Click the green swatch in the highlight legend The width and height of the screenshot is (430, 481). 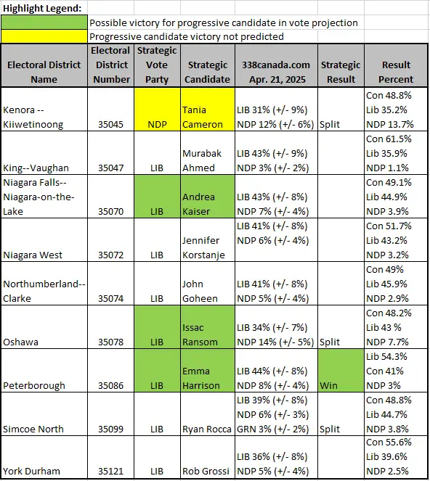pyautogui.click(x=44, y=22)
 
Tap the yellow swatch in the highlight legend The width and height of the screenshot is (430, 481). pyautogui.click(x=44, y=36)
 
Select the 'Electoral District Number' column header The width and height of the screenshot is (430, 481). pyautogui.click(x=111, y=65)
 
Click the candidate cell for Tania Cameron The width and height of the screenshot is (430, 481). pyautogui.click(x=208, y=110)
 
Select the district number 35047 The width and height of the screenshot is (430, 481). pyautogui.click(x=111, y=168)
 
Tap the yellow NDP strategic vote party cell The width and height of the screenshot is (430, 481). pyautogui.click(x=157, y=110)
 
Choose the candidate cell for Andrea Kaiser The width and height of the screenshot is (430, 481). pyautogui.click(x=208, y=197)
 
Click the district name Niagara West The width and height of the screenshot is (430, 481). pyautogui.click(x=33, y=255)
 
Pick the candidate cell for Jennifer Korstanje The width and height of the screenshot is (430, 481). pyautogui.click(x=208, y=240)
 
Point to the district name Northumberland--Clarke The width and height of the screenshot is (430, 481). pyautogui.click(x=44, y=291)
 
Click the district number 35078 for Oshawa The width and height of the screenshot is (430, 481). pyautogui.click(x=111, y=342)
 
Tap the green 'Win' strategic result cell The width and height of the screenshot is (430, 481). pyautogui.click(x=341, y=371)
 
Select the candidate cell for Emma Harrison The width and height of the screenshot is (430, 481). pyautogui.click(x=208, y=371)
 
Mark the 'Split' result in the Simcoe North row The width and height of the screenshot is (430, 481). pyautogui.click(x=330, y=429)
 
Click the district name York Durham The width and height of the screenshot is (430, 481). pyautogui.click(x=31, y=471)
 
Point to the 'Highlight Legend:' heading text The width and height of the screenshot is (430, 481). pyautogui.click(x=42, y=8)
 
